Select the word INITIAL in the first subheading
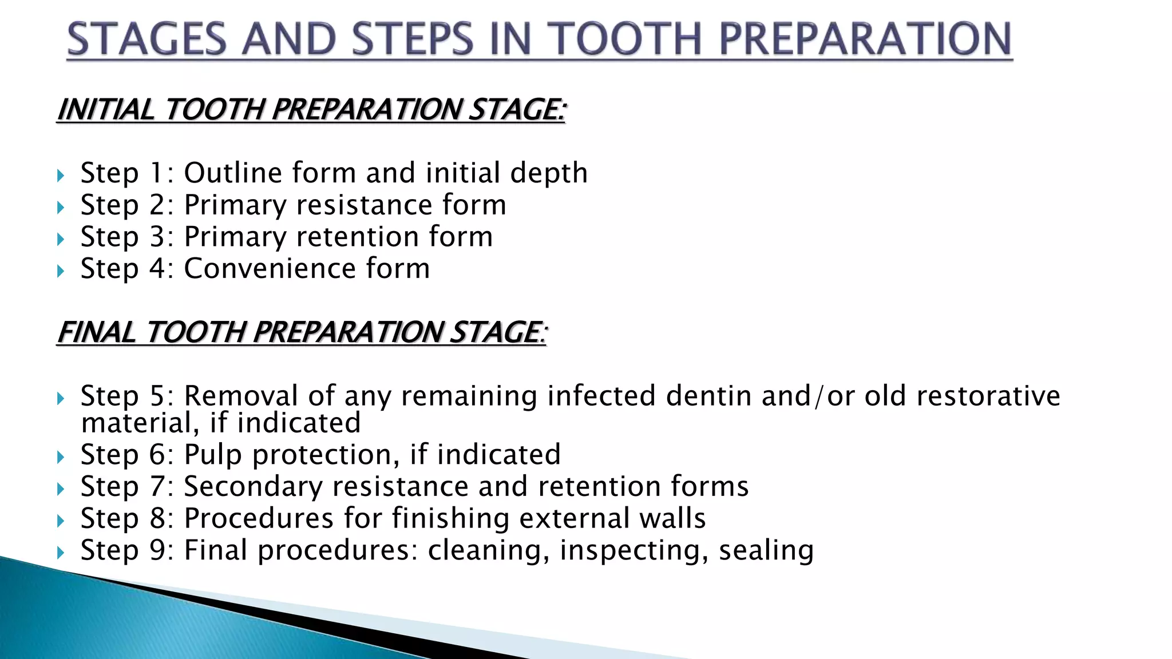(x=106, y=109)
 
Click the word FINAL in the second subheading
(x=97, y=332)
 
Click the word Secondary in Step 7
(x=253, y=487)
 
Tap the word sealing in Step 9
(x=766, y=550)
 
